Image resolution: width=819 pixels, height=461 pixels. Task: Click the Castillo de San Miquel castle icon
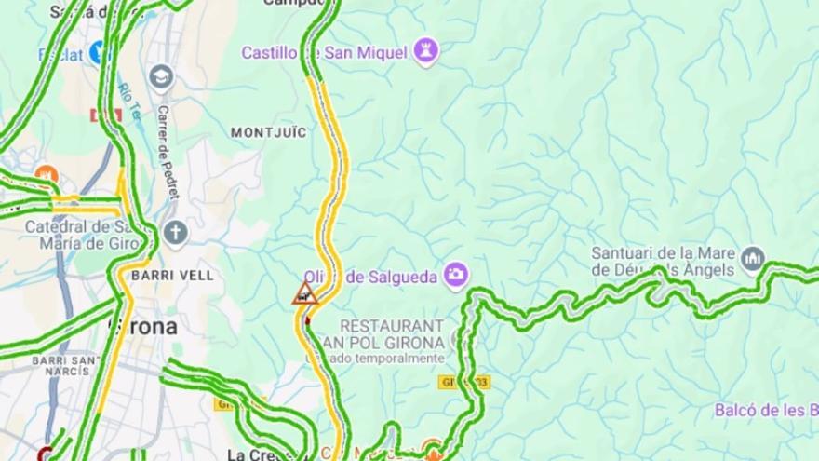(426, 51)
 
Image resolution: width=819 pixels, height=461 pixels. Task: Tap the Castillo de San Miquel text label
(325, 52)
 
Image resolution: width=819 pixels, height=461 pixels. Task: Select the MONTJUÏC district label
(268, 132)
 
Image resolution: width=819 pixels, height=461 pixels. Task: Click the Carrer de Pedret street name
(168, 153)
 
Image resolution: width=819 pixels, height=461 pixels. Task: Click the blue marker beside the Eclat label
(98, 53)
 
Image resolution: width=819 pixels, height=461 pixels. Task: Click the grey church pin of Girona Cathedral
(175, 232)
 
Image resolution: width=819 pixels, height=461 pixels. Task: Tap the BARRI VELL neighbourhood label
(172, 276)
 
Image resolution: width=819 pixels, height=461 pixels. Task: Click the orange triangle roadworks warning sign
(304, 294)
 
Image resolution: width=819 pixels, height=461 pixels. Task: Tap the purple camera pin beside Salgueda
(456, 274)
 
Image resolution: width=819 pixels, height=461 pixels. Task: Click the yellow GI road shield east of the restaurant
(463, 382)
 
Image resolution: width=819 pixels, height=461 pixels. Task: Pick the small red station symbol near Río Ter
(105, 115)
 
